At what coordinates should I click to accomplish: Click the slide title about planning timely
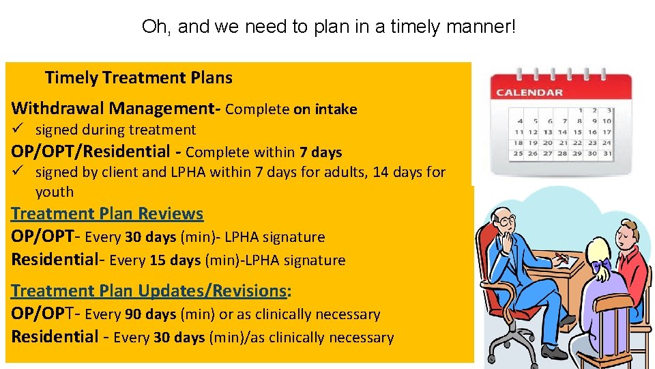(329, 27)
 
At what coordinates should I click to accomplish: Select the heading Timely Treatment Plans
(139, 78)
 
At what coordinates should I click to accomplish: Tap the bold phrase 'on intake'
(325, 109)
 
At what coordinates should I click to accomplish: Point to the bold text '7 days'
(320, 152)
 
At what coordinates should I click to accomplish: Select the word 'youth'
(54, 192)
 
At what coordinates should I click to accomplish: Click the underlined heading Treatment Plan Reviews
(107, 214)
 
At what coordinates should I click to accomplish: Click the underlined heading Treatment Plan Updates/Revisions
(151, 291)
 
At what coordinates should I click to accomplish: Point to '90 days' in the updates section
(151, 315)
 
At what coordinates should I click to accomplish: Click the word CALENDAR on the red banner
(529, 92)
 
